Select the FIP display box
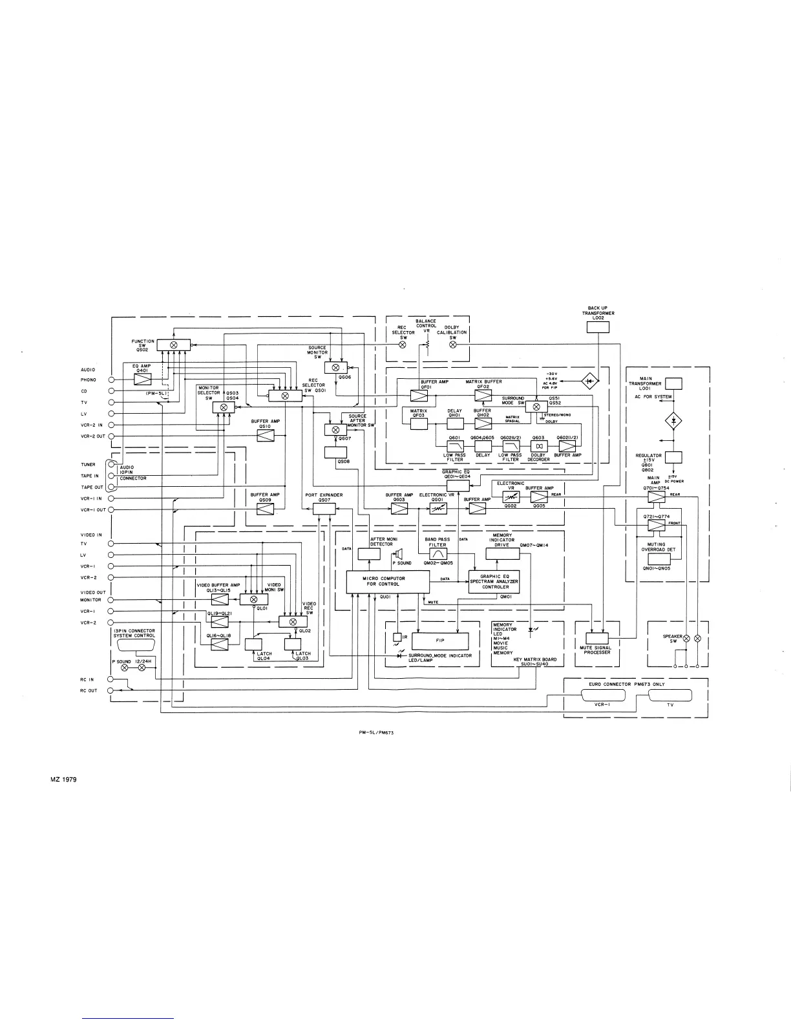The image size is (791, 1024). [439, 641]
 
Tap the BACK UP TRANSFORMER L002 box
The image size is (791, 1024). [597, 327]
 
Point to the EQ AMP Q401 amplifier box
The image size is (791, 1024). [142, 380]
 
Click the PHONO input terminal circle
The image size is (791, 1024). [111, 380]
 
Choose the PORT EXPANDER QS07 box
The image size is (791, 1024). [324, 509]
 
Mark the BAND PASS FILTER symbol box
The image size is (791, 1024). [438, 554]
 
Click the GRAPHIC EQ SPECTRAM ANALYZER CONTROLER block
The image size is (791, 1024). [494, 582]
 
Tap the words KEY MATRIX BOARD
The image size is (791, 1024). [531, 659]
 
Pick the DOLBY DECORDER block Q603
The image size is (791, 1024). [538, 446]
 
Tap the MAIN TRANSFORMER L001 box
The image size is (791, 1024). [673, 384]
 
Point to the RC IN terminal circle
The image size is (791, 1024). [111, 679]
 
